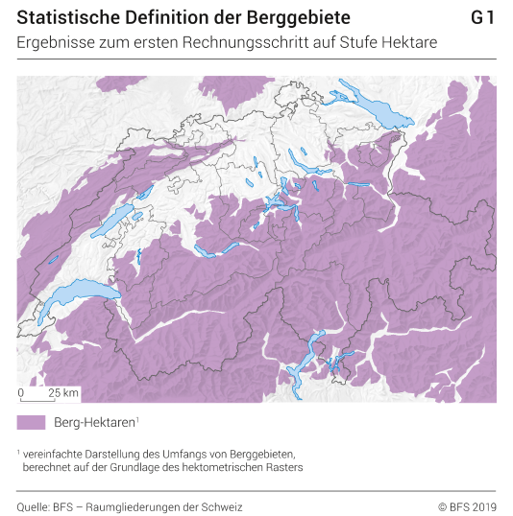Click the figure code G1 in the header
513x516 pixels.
[x=483, y=18]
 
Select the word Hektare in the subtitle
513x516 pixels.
[x=410, y=42]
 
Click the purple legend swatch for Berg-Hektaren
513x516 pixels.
[x=31, y=422]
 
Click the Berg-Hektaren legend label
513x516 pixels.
[x=96, y=422]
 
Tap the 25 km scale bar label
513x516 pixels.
[x=63, y=393]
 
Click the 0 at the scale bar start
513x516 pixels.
[x=21, y=393]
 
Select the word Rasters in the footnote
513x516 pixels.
[x=284, y=467]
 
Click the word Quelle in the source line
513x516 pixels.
[x=33, y=506]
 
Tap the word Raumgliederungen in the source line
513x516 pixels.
[x=151, y=506]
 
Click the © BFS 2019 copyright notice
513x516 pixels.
[x=467, y=506]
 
